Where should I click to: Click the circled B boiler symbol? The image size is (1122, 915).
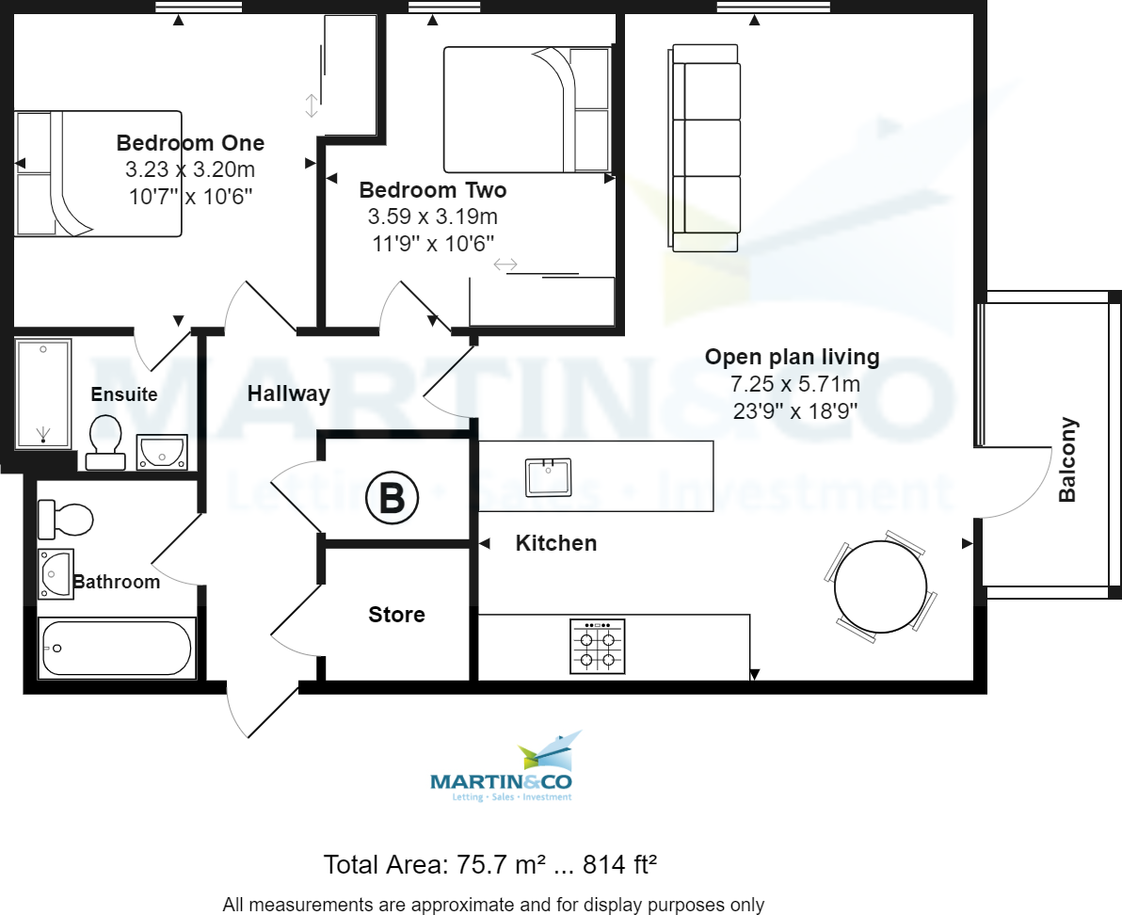[x=392, y=498]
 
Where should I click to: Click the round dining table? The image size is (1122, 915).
[x=880, y=586]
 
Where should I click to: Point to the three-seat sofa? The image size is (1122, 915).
[x=706, y=148]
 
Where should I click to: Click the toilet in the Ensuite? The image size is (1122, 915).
[x=105, y=440]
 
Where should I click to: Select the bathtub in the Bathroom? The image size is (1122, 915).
[x=116, y=649]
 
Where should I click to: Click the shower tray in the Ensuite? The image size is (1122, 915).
[x=43, y=393]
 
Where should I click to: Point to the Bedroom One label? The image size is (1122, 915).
[x=190, y=143]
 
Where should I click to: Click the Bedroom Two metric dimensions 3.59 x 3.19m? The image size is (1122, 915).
[x=433, y=216]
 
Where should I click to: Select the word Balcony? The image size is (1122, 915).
[x=1067, y=459]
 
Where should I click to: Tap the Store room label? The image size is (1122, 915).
[x=396, y=615]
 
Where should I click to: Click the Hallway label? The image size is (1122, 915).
[x=288, y=393]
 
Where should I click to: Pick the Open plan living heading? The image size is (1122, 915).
[x=792, y=357]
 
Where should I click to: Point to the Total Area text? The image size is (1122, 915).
[x=489, y=863]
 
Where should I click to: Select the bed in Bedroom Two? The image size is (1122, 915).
[x=527, y=110]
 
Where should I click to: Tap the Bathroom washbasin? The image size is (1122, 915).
[x=55, y=573]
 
